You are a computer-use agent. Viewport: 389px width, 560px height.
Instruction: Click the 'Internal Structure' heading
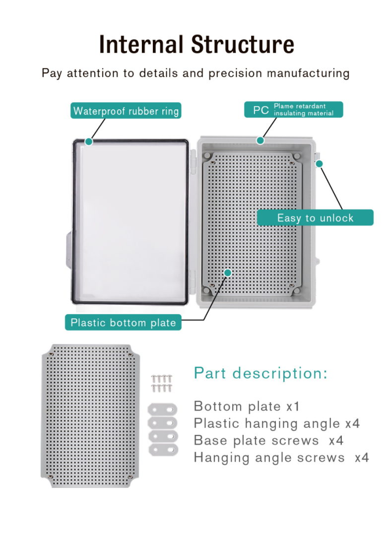pyautogui.click(x=196, y=44)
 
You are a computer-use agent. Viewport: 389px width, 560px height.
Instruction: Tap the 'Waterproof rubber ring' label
pyautogui.click(x=126, y=111)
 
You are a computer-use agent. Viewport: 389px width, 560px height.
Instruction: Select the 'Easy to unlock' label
pyautogui.click(x=315, y=217)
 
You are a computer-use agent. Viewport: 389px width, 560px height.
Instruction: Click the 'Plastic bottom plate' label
pyautogui.click(x=123, y=323)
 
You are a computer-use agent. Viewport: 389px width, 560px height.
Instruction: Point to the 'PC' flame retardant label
pyautogui.click(x=293, y=109)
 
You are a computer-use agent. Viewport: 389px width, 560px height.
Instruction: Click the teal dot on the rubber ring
pyautogui.click(x=89, y=142)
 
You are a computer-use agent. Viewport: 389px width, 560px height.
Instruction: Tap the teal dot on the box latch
pyautogui.click(x=320, y=163)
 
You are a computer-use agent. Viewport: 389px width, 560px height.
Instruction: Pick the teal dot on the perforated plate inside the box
pyautogui.click(x=228, y=273)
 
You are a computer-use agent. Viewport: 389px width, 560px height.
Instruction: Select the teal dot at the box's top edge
pyautogui.click(x=260, y=140)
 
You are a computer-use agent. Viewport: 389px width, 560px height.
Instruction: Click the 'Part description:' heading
pyautogui.click(x=260, y=373)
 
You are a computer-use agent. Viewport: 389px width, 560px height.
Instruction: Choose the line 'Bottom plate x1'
pyautogui.click(x=246, y=406)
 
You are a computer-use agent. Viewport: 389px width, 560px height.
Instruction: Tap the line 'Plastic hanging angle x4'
pyautogui.click(x=276, y=423)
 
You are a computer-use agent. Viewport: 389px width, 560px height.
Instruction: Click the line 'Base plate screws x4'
pyautogui.click(x=268, y=440)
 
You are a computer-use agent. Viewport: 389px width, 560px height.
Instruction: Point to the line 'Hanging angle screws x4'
pyautogui.click(x=281, y=458)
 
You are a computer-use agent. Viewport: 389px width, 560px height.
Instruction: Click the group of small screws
pyautogui.click(x=162, y=383)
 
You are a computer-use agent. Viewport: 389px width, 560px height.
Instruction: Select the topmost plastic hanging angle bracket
pyautogui.click(x=162, y=409)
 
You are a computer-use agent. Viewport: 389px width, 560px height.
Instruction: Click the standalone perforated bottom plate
pyautogui.click(x=90, y=416)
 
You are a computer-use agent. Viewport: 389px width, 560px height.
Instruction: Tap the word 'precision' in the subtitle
pyautogui.click(x=235, y=73)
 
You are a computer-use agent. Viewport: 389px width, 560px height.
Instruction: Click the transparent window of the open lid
pyautogui.click(x=130, y=221)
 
